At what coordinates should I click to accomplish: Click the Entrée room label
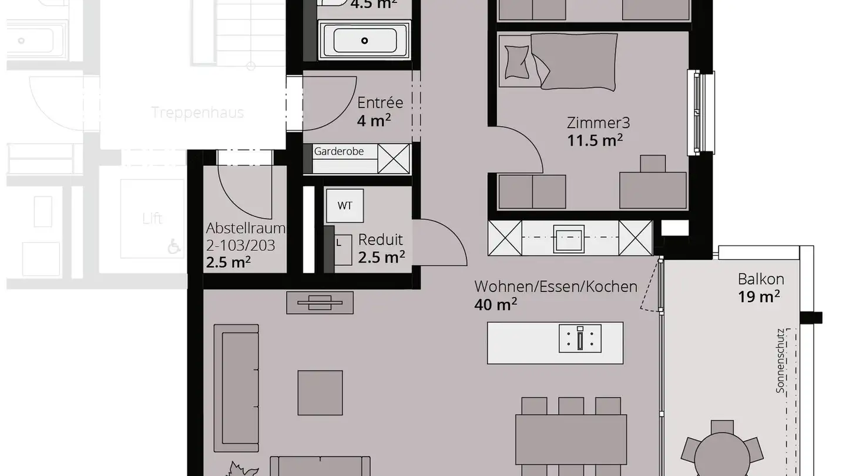coord(380,103)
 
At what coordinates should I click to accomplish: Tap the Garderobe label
coord(338,152)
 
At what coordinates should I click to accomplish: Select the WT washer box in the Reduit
coord(345,206)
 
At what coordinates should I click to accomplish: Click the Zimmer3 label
coord(598,123)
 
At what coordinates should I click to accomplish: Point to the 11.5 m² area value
coord(595,141)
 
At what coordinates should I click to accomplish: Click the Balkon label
coord(761,279)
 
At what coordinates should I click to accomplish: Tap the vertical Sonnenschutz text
coord(780,360)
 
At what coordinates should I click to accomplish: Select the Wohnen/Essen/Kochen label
coord(555,287)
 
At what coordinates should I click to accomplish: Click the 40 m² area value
coord(495,304)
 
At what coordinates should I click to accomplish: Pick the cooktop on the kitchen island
coord(580,338)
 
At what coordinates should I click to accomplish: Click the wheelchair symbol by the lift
coord(174,247)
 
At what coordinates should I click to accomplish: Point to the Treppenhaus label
coord(197,113)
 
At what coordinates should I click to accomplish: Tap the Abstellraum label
coord(246,229)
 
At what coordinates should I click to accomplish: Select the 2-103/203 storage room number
coord(240,245)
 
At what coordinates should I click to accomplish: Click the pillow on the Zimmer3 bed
coord(517,61)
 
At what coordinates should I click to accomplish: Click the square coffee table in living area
coord(320,393)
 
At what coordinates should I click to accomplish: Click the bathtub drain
coord(364,41)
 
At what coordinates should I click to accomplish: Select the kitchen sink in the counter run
coord(568,239)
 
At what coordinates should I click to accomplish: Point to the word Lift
coord(152,219)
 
